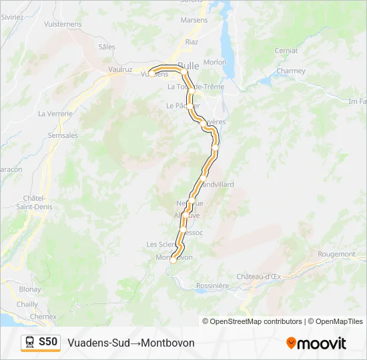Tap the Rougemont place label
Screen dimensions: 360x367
coord(336,254)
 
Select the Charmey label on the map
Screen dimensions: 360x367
coord(290,71)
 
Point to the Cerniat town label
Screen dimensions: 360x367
coord(286,51)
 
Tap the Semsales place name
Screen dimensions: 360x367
coord(63,135)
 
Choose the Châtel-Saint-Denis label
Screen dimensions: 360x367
coord(33,202)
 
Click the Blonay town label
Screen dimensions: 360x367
coord(29,290)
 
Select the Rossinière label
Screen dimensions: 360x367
coord(213,286)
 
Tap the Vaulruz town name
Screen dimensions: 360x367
coord(121,69)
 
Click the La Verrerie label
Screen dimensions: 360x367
coord(55,113)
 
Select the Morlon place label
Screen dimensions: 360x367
coord(215,62)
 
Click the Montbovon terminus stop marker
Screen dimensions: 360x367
coord(173,261)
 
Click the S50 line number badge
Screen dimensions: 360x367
coord(48,342)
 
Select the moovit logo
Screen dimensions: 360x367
coord(316,343)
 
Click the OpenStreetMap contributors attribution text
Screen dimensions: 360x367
coord(252,321)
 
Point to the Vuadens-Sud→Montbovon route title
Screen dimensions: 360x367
coord(131,343)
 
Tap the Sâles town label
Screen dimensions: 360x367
coord(107,47)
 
